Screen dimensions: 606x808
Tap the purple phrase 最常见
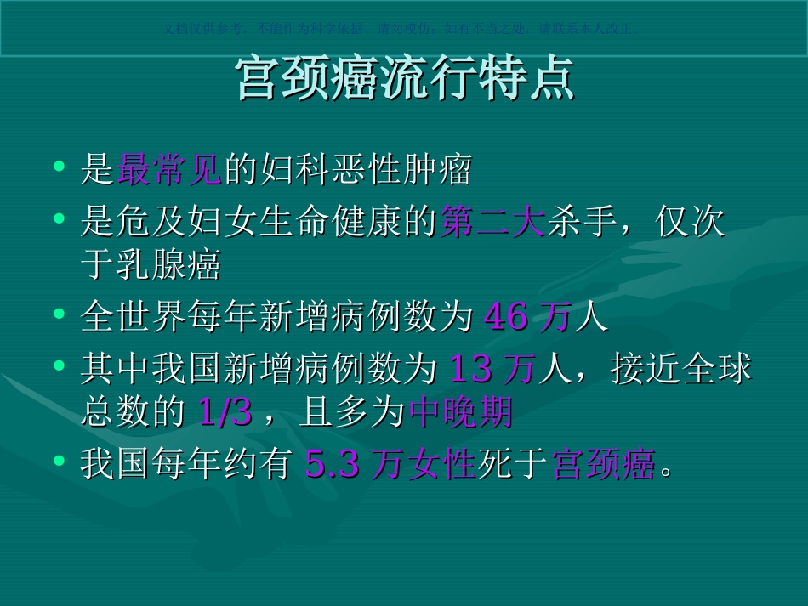[169, 170]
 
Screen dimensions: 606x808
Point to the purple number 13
[469, 369]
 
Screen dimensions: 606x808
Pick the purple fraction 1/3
[225, 412]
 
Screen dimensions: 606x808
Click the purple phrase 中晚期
[461, 412]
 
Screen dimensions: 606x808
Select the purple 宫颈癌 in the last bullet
[604, 464]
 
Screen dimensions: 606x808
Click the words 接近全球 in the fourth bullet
[681, 369]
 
